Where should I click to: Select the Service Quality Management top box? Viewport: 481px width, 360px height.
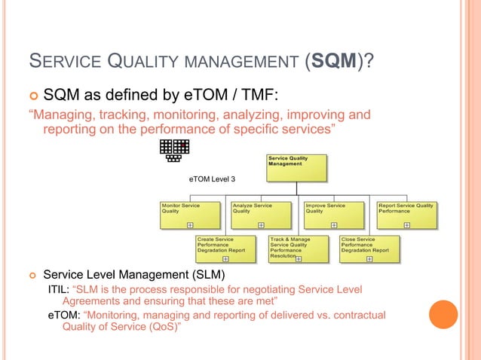coord(297,168)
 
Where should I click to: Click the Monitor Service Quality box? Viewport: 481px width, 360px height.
coord(190,215)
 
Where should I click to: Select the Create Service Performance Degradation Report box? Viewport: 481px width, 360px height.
coord(224,249)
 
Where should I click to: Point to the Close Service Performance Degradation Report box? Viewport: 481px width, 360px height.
coord(369,249)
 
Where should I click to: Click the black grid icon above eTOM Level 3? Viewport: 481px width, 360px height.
coord(175,151)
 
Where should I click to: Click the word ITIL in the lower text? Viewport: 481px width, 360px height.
coord(59,289)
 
